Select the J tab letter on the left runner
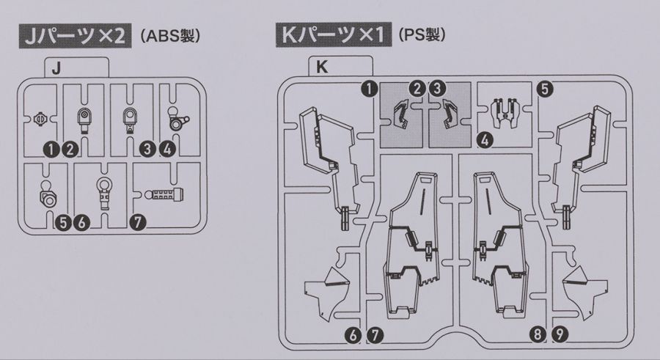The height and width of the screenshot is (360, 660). click(x=56, y=68)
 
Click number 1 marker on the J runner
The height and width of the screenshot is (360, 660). click(x=51, y=149)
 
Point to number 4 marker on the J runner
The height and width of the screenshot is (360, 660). click(x=167, y=149)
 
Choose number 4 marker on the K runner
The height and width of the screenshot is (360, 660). click(x=484, y=139)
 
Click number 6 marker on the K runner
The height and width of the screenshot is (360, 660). click(x=353, y=335)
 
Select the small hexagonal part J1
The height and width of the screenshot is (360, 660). click(x=44, y=118)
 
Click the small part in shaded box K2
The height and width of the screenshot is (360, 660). click(x=403, y=115)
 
